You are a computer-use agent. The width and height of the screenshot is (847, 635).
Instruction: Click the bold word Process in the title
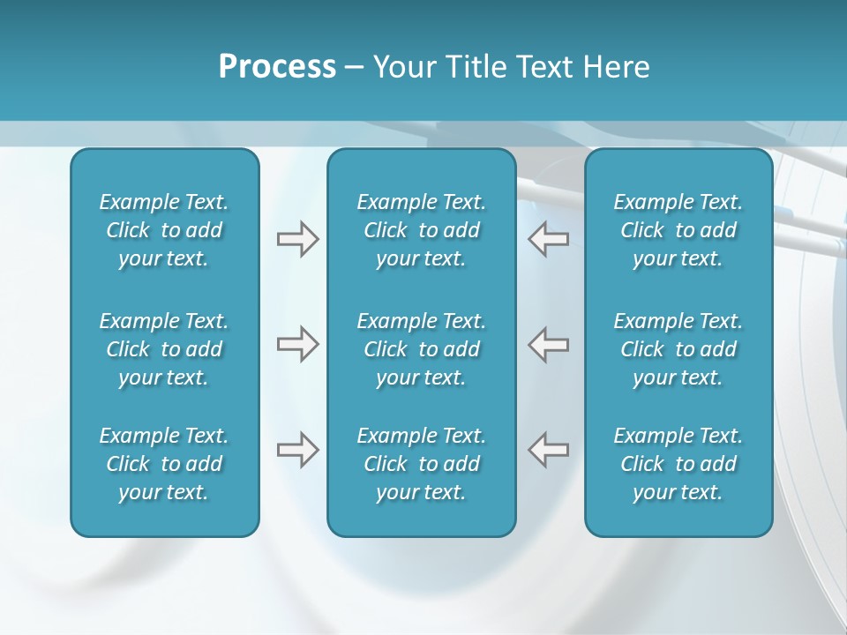click(x=277, y=67)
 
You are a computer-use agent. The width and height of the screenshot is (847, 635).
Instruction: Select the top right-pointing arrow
click(x=297, y=239)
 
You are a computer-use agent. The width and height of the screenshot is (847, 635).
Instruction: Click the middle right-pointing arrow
click(x=297, y=344)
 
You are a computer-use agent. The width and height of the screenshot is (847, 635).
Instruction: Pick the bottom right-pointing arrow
click(x=297, y=450)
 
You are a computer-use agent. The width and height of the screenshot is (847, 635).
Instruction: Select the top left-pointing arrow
click(x=548, y=239)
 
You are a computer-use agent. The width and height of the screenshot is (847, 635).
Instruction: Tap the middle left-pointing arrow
click(x=548, y=344)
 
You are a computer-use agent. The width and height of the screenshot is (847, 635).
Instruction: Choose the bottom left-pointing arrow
click(x=548, y=450)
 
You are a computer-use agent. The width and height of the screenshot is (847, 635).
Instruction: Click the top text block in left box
click(x=164, y=230)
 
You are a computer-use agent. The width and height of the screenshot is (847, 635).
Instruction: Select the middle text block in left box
click(x=164, y=349)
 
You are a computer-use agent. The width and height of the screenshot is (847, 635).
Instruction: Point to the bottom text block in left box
click(x=164, y=464)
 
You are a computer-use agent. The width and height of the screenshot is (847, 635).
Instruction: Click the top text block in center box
click(x=421, y=230)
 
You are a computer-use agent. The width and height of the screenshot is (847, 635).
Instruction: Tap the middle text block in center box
click(x=421, y=349)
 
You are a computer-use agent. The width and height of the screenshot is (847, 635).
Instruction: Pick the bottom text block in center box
click(x=421, y=464)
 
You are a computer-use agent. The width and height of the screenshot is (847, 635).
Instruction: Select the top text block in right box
click(x=678, y=230)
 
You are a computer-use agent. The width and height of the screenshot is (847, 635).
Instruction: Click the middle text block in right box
click(x=678, y=349)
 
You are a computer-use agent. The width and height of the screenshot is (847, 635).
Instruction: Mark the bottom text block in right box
click(x=678, y=464)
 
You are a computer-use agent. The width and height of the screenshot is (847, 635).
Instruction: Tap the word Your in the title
click(x=405, y=67)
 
